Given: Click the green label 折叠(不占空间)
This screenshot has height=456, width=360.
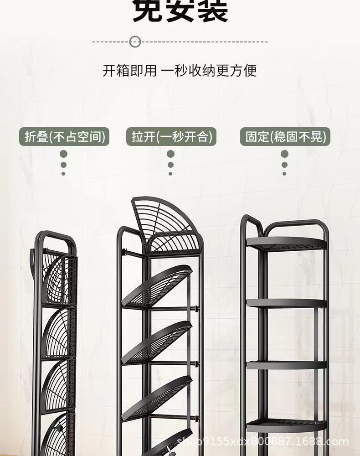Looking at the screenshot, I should [64, 137].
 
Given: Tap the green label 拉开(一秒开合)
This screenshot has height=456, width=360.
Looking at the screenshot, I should [171, 137].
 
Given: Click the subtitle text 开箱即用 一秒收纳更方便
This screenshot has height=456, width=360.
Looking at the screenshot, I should [180, 71].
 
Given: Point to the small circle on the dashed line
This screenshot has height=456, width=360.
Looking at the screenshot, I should [134, 42].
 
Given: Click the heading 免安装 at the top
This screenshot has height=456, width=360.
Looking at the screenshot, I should [180, 11].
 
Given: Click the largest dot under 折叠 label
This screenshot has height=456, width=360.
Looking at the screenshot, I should [63, 154].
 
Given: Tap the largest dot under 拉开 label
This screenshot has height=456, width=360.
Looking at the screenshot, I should [170, 154].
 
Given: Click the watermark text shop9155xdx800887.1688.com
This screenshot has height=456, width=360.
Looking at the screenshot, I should [262, 442].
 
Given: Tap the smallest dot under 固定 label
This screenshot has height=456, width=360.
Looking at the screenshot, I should [284, 174].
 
